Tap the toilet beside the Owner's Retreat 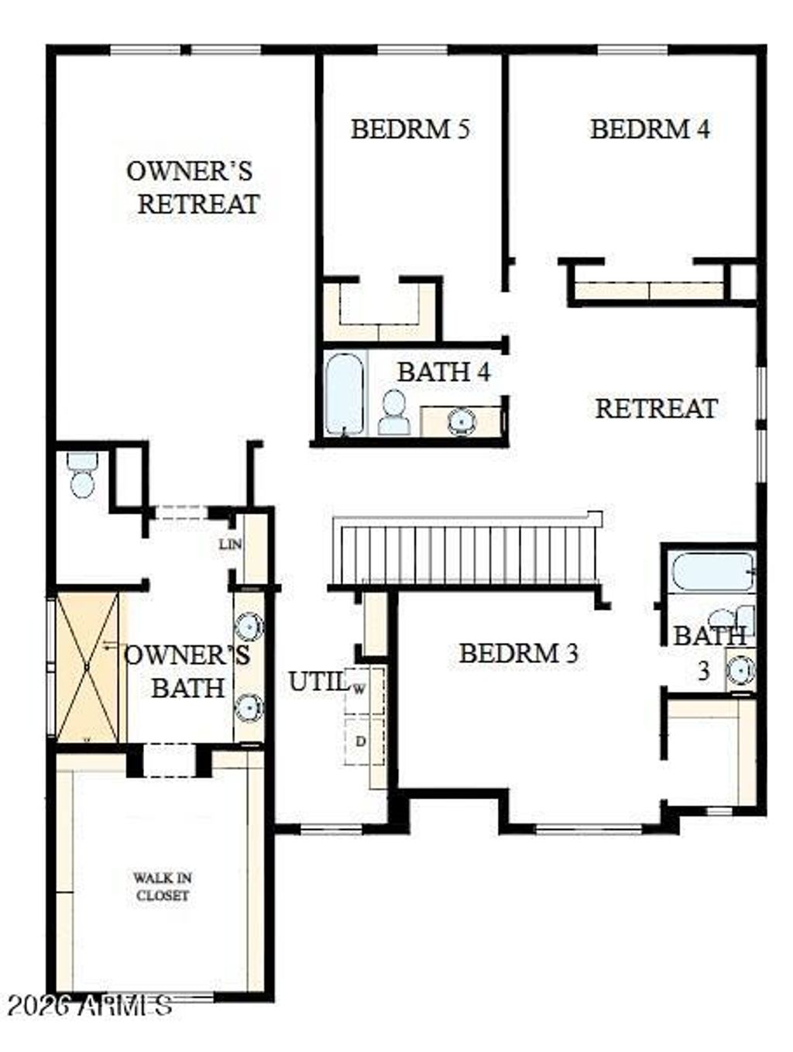[81, 471]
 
